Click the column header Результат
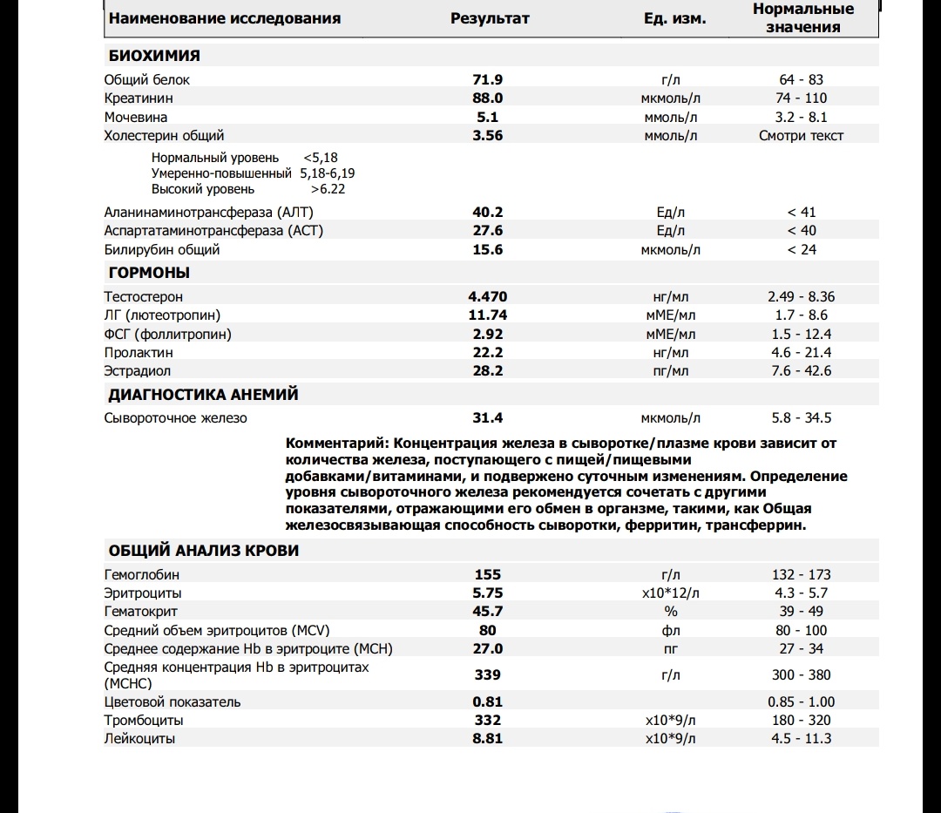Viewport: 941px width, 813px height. tap(490, 18)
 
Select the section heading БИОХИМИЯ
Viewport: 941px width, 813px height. tap(154, 56)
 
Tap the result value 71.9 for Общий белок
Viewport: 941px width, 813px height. tap(488, 79)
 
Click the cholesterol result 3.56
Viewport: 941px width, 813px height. tap(488, 135)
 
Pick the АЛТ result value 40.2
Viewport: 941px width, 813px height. tap(488, 212)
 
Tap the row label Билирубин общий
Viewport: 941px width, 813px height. tap(162, 249)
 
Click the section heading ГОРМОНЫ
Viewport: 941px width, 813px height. tap(149, 273)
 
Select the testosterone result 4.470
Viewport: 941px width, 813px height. tap(488, 296)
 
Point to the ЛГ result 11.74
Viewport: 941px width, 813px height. tap(488, 315)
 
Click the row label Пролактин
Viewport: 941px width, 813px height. tap(139, 352)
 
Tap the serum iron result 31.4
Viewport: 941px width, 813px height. tap(488, 417)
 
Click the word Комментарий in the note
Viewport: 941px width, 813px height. tap(333, 444)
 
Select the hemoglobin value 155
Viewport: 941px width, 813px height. tap(488, 574)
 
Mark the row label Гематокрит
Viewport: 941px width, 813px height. tap(141, 612)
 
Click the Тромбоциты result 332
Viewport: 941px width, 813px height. tap(488, 720)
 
